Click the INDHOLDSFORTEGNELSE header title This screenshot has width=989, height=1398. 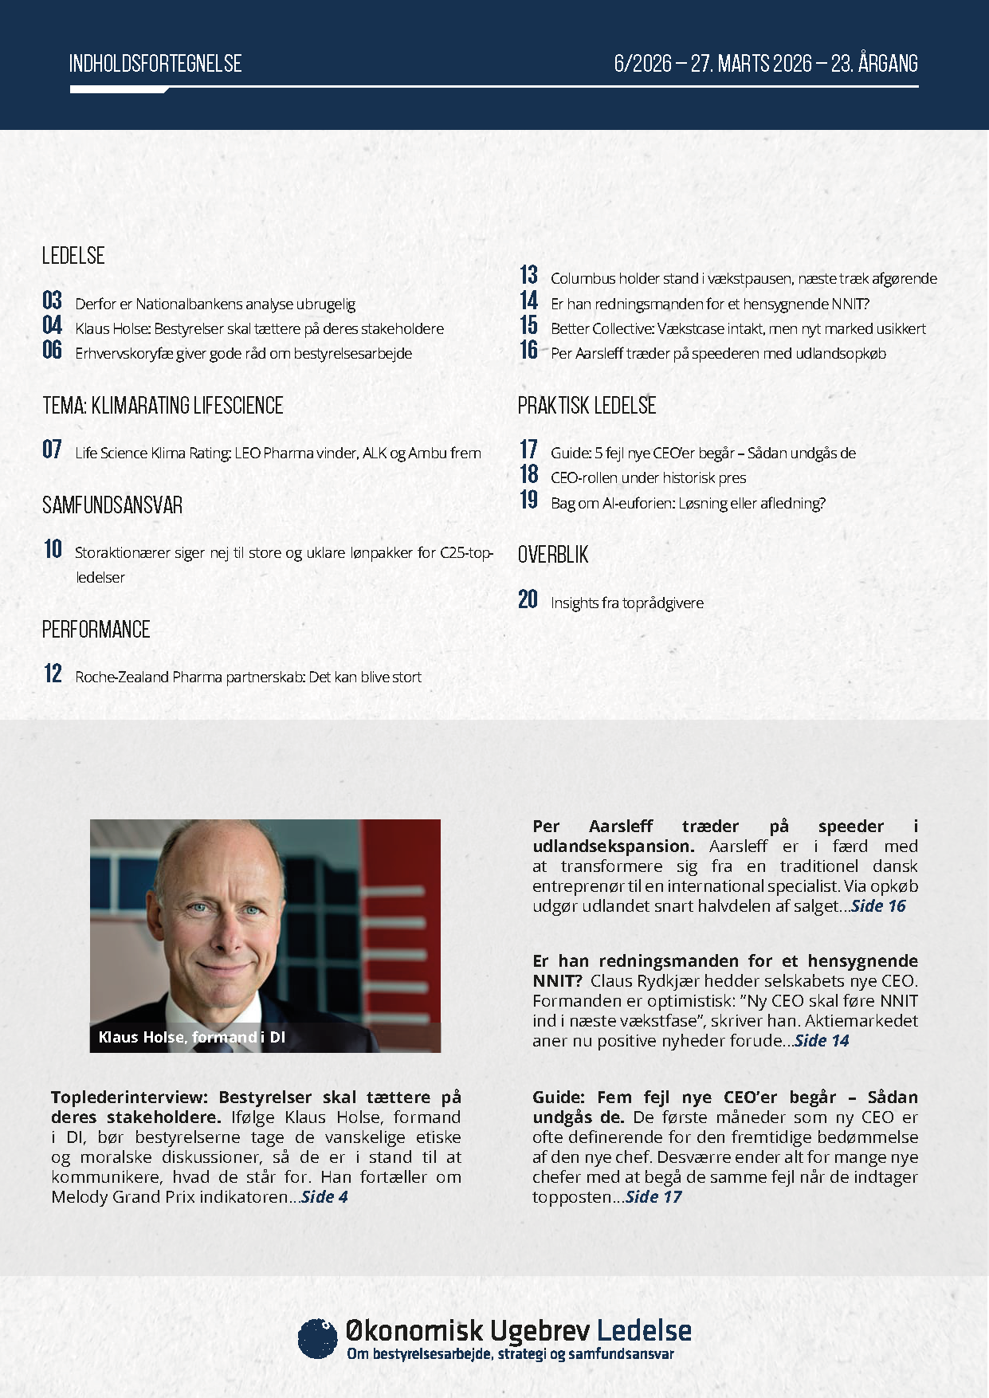pos(155,64)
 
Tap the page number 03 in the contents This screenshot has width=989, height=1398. pos(53,301)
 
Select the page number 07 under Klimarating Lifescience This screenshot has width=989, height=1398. pos(53,450)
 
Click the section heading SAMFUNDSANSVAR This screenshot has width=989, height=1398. pos(112,505)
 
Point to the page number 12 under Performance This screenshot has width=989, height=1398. pos(53,674)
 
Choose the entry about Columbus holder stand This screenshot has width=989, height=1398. pos(744,278)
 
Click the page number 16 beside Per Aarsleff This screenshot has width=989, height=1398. pos(529,351)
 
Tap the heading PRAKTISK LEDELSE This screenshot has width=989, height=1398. pos(587,406)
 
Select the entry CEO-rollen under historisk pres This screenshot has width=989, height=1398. pos(648,477)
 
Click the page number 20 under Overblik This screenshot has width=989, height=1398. pos(528,600)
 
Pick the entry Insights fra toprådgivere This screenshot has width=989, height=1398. pos(626,603)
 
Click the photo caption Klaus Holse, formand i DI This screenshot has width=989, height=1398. pos(191,1037)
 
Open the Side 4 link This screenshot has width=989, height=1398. pos(325,1196)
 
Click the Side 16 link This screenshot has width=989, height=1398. pos(878,905)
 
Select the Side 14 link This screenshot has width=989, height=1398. pos(822,1040)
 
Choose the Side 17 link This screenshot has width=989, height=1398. pos(653,1196)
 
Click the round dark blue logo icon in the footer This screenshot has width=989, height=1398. pos(317,1338)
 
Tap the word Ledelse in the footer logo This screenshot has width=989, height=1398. pos(644,1331)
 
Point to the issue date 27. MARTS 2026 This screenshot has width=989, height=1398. pos(752,64)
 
